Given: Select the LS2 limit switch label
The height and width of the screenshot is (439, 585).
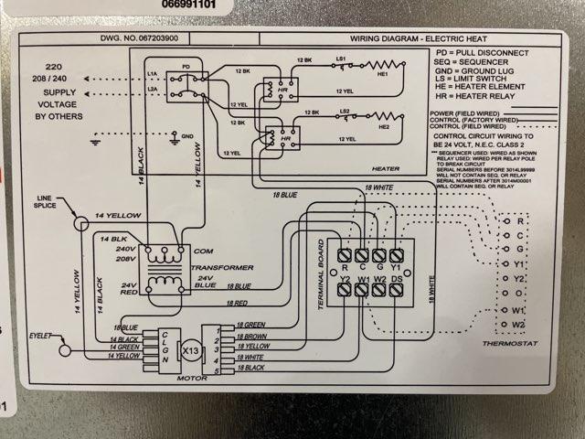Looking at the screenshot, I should [345, 112].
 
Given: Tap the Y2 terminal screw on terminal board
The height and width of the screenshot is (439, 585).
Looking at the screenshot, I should [346, 289].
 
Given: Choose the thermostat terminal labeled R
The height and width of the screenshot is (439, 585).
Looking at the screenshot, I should [519, 220].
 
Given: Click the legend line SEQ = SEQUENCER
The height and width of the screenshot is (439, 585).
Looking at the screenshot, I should [479, 66].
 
